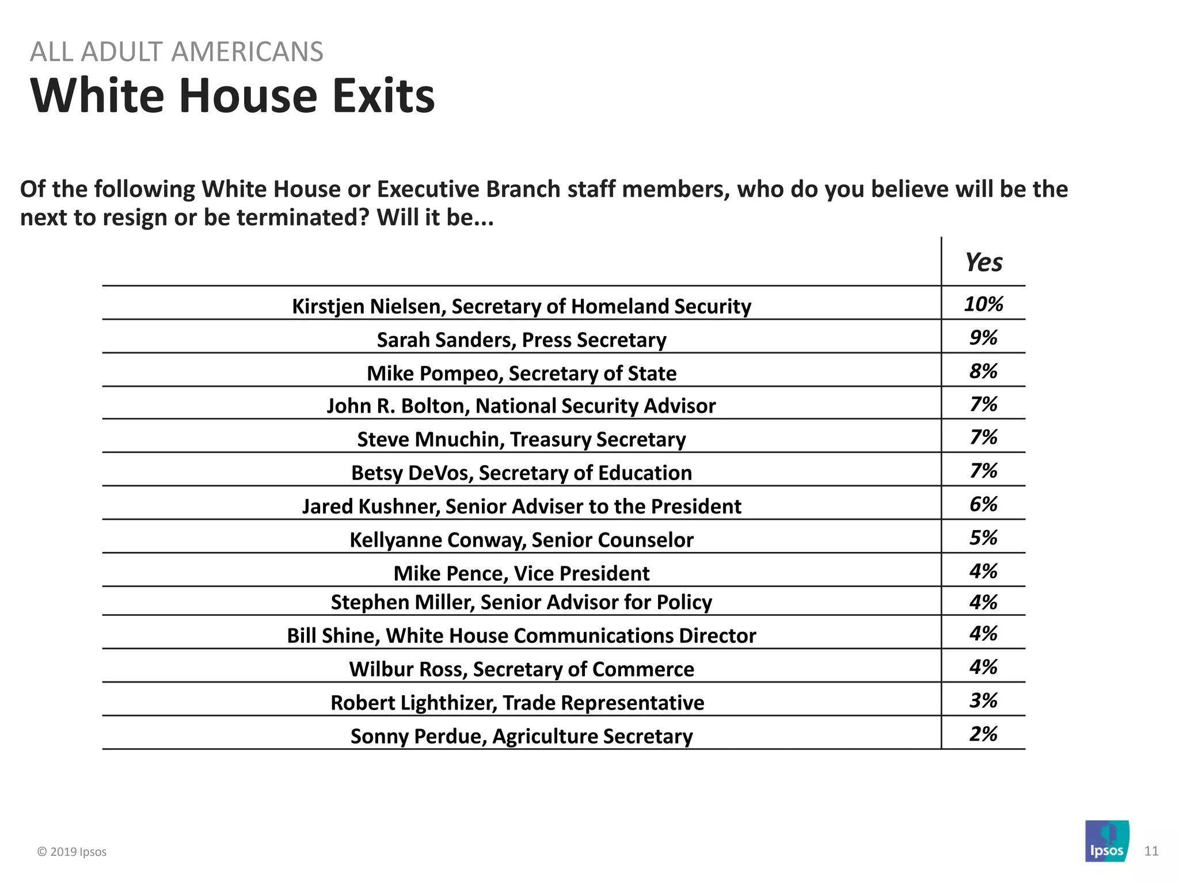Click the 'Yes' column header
click(983, 262)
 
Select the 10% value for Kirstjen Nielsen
click(983, 304)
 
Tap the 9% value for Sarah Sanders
click(983, 337)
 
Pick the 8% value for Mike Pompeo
click(983, 371)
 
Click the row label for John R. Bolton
click(521, 406)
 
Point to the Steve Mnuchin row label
click(521, 439)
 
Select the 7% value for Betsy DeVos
click(983, 471)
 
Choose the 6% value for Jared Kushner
click(983, 504)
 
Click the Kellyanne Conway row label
click(521, 540)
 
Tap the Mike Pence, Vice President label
click(521, 573)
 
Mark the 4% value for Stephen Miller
click(983, 602)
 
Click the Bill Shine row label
click(521, 635)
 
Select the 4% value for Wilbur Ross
click(983, 667)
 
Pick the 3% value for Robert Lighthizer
click(983, 700)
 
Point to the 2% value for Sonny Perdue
click(983, 734)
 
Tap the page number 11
click(1151, 851)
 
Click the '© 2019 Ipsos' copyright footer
click(72, 852)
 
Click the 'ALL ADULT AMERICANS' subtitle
click(177, 52)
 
